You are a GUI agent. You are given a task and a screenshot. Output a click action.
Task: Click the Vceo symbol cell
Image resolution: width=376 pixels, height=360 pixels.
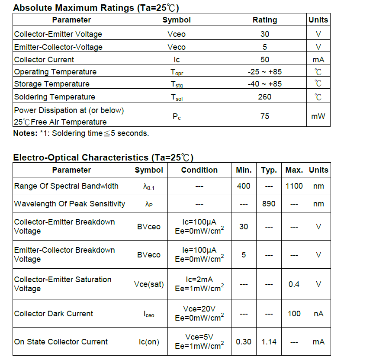pos(177,34)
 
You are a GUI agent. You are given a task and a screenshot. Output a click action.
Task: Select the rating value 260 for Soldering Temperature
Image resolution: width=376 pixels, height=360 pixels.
pos(264,97)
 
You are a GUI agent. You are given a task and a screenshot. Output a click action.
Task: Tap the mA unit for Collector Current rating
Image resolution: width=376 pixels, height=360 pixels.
pos(318,60)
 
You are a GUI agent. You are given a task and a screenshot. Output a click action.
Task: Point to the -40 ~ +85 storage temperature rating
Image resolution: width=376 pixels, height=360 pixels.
pos(264,84)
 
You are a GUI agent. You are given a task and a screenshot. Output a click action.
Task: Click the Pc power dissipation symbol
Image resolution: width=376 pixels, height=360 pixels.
pos(177,116)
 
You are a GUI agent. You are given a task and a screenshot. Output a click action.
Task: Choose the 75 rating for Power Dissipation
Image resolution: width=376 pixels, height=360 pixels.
pos(264,116)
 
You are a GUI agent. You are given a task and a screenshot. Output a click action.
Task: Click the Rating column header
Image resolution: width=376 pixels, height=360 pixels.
pos(264,20)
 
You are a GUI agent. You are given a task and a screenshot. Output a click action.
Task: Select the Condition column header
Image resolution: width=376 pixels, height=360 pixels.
pos(199,170)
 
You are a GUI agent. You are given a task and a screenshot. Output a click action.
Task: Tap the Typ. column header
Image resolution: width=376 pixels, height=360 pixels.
pos(269,170)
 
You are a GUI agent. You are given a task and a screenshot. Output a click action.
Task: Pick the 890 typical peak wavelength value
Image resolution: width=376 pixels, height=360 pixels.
pos(269,203)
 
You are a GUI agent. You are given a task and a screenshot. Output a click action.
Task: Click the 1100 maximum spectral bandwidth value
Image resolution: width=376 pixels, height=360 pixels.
pos(294,186)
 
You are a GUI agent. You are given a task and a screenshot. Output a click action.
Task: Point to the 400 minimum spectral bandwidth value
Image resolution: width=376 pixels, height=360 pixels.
pos(244,186)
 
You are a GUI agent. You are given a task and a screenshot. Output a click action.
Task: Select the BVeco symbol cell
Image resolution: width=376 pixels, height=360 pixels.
pos(149,255)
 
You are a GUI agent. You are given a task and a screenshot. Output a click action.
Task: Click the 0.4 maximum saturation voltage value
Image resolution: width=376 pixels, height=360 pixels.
pos(294,284)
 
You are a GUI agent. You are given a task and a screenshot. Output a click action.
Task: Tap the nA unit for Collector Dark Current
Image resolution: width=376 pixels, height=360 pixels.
pos(318,314)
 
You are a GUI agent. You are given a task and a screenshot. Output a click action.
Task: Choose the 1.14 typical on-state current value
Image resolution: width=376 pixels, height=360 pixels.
pos(269,342)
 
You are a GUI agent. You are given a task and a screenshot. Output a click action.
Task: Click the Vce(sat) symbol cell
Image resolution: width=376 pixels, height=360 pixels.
pos(149,284)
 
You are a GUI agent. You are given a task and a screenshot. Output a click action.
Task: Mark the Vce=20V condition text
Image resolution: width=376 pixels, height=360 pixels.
pos(199,309)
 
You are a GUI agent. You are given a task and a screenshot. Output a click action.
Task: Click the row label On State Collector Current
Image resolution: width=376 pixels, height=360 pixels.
pos(61,342)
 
